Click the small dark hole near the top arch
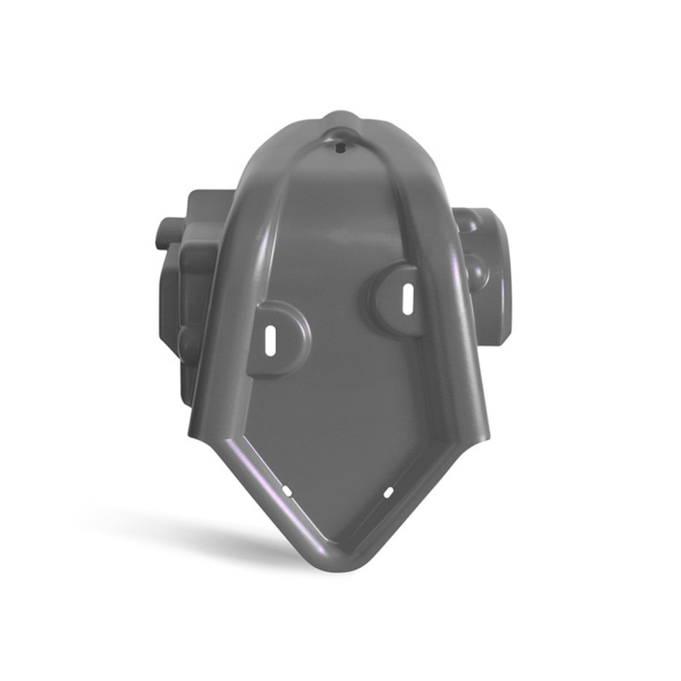tap(340, 146)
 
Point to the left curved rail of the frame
tap(235, 286)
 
